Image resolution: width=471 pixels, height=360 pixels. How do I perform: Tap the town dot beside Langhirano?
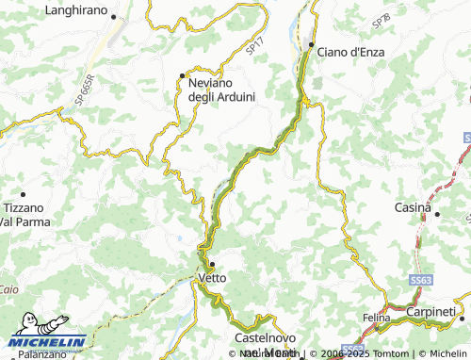[x=114, y=17]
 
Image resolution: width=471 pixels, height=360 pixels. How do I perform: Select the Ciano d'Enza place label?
[x=350, y=50]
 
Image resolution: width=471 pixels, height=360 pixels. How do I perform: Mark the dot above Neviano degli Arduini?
[x=183, y=75]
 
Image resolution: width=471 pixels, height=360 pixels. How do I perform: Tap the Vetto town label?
[x=212, y=278]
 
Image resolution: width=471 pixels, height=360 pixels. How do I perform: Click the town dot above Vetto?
[x=213, y=264]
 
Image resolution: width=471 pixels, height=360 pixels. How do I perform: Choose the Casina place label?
[x=413, y=206]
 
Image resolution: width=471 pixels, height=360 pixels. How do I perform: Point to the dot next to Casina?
[x=439, y=213]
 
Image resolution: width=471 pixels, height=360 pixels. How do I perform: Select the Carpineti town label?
[x=431, y=311]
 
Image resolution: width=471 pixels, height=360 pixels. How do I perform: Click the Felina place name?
[x=376, y=318]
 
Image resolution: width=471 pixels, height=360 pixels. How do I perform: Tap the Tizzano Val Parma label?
[x=23, y=214]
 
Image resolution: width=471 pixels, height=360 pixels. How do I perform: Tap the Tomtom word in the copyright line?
[x=367, y=354]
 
